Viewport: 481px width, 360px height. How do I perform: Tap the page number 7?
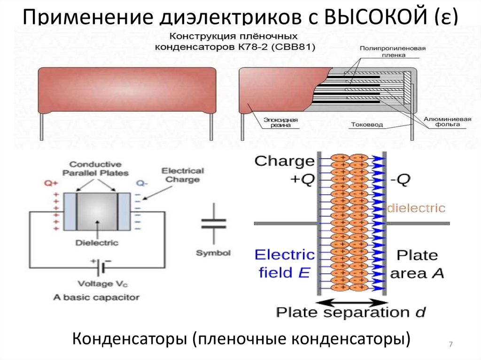tap(450, 345)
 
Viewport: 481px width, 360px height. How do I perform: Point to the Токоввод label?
tap(367, 125)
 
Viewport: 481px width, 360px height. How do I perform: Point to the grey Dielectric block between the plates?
tap(96, 211)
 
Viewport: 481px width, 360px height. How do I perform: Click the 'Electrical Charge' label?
tap(182, 175)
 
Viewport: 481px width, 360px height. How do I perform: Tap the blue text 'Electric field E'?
tap(284, 263)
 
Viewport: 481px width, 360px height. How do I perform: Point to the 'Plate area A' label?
tap(417, 264)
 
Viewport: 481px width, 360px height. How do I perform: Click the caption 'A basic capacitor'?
tap(96, 297)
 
